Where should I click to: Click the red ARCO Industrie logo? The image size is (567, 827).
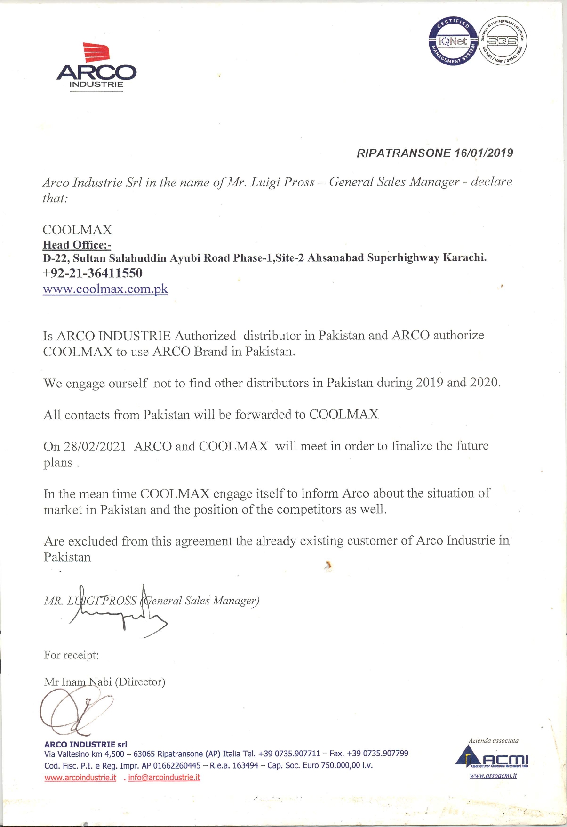[96, 66]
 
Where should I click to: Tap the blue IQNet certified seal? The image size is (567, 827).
[453, 41]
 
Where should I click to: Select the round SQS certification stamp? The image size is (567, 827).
[503, 42]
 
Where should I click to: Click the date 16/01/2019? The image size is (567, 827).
[484, 153]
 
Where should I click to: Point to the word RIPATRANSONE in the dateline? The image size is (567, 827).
[404, 153]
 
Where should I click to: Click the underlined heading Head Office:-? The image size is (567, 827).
[77, 245]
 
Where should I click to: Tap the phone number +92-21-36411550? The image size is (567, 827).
[92, 273]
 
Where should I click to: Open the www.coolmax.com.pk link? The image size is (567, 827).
[105, 289]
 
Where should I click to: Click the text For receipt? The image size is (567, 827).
[72, 655]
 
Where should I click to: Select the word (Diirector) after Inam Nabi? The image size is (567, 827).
[140, 682]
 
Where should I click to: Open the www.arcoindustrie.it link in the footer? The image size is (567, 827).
[80, 778]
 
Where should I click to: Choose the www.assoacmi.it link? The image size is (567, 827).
[493, 776]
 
